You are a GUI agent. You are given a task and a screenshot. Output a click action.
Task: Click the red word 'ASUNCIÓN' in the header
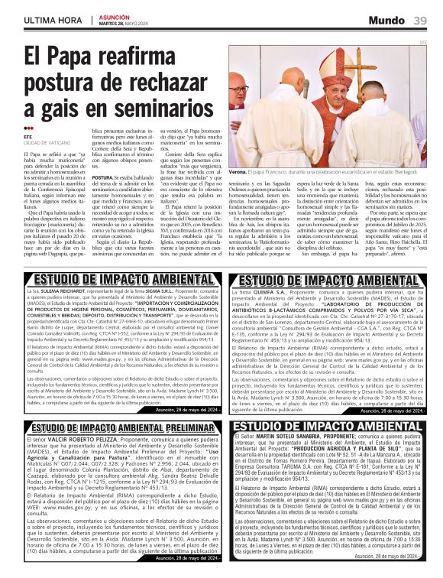point(115,15)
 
